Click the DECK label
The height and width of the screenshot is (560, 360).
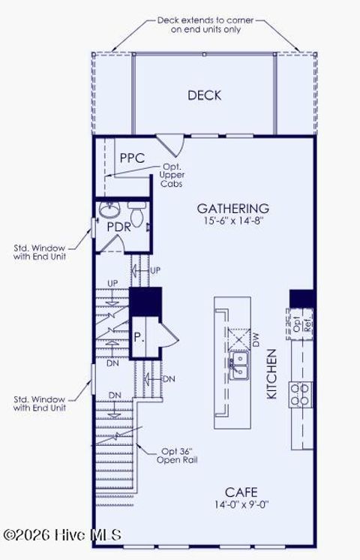(204, 95)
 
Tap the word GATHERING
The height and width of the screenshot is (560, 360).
(232, 208)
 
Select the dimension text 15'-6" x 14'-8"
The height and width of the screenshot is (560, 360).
(232, 221)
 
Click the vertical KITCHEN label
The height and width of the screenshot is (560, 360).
(272, 374)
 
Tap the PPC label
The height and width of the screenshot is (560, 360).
(132, 158)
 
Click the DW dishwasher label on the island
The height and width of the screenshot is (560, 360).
(256, 342)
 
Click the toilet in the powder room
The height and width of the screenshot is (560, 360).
(136, 205)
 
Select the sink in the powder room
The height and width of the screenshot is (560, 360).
(109, 207)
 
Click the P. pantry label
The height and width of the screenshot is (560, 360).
(139, 338)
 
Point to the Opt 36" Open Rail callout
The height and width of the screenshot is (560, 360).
(178, 456)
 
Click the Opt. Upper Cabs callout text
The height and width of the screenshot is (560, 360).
(172, 175)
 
